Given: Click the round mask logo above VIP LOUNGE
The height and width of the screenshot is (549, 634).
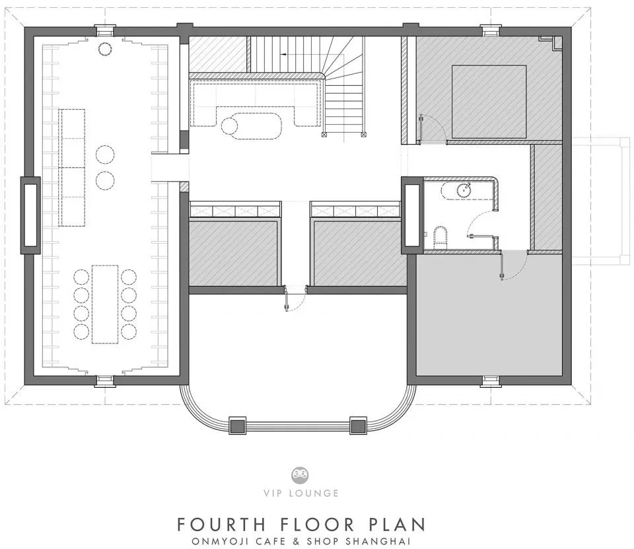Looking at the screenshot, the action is click(300, 475).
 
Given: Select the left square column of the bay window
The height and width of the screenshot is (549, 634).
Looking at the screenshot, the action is click(237, 426).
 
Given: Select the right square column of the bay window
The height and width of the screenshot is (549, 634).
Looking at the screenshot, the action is click(358, 426).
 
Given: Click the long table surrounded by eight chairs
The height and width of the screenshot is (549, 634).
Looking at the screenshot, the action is click(105, 305).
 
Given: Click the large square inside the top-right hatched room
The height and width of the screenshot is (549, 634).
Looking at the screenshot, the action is click(489, 102).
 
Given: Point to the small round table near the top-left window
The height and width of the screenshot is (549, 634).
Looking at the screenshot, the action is click(105, 48).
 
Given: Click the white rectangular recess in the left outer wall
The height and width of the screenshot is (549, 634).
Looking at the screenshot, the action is click(30, 215).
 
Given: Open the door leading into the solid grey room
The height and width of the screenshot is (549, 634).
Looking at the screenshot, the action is click(514, 266).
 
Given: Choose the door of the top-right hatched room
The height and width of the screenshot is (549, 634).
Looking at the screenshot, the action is click(432, 129).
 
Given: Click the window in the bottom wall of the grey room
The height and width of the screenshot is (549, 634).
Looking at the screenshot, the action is click(491, 381).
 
